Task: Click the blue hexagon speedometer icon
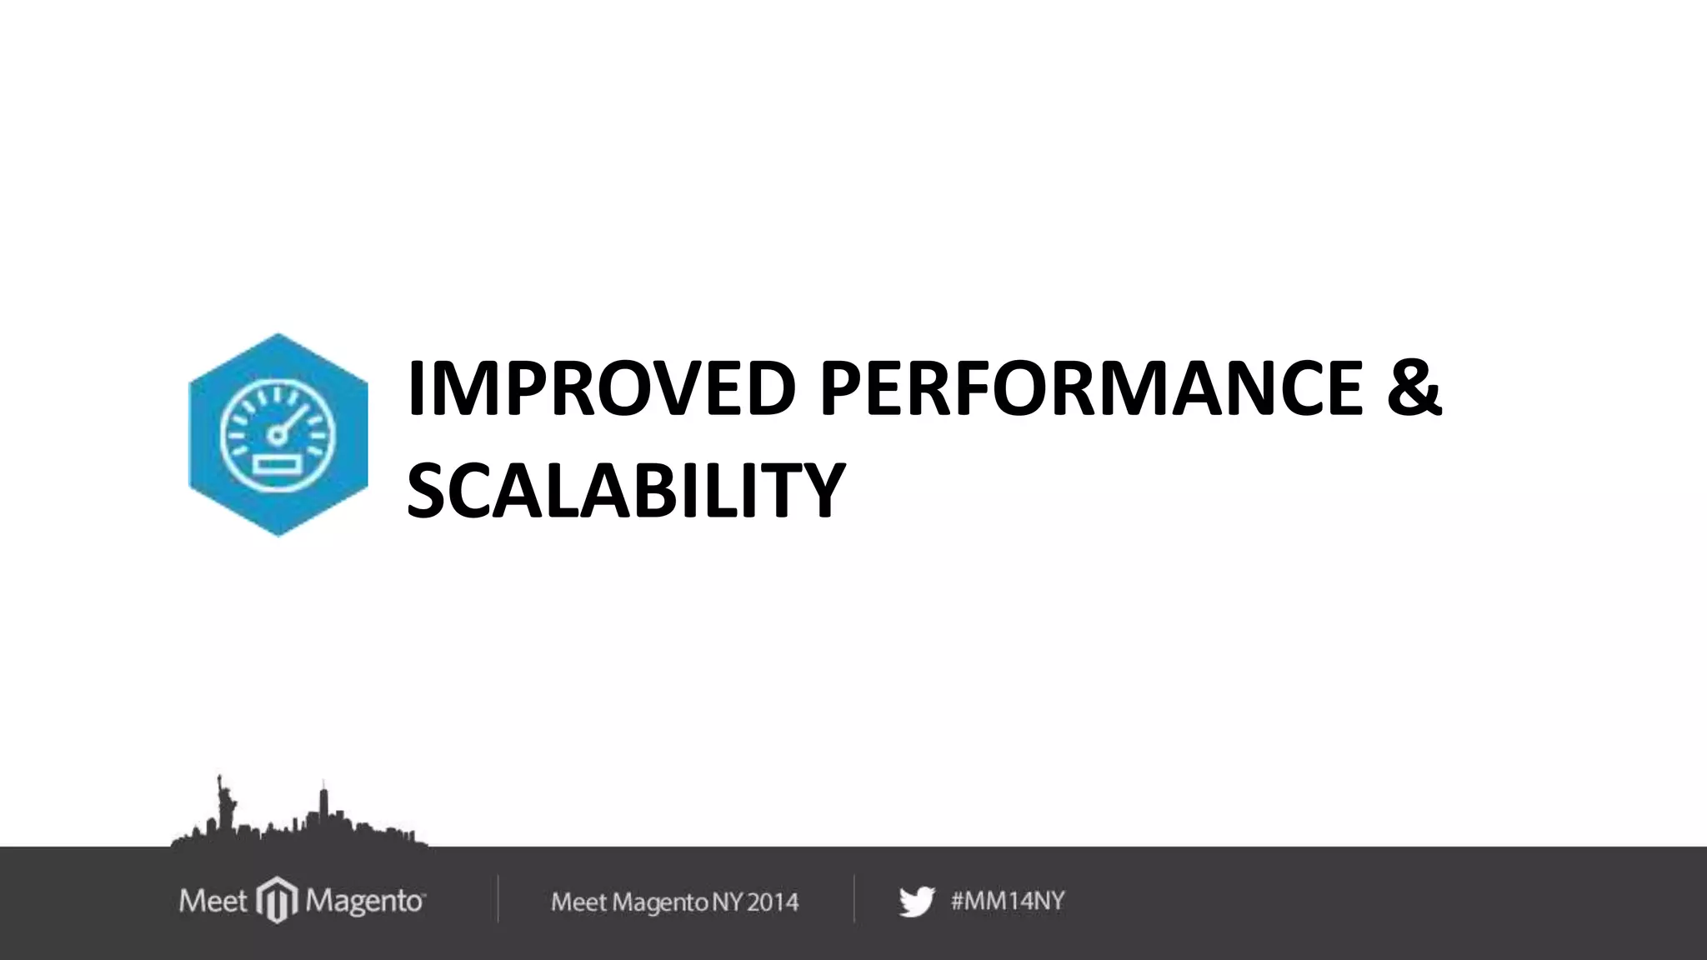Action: (x=278, y=435)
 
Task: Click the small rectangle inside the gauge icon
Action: (x=278, y=463)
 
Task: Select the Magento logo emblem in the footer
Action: (x=277, y=900)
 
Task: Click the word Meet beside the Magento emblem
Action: (x=213, y=901)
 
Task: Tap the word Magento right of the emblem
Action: (x=365, y=902)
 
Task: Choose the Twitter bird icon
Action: (x=917, y=902)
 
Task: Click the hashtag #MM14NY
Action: (x=1008, y=901)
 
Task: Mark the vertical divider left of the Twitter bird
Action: (x=854, y=898)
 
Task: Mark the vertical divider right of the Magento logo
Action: (x=498, y=898)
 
